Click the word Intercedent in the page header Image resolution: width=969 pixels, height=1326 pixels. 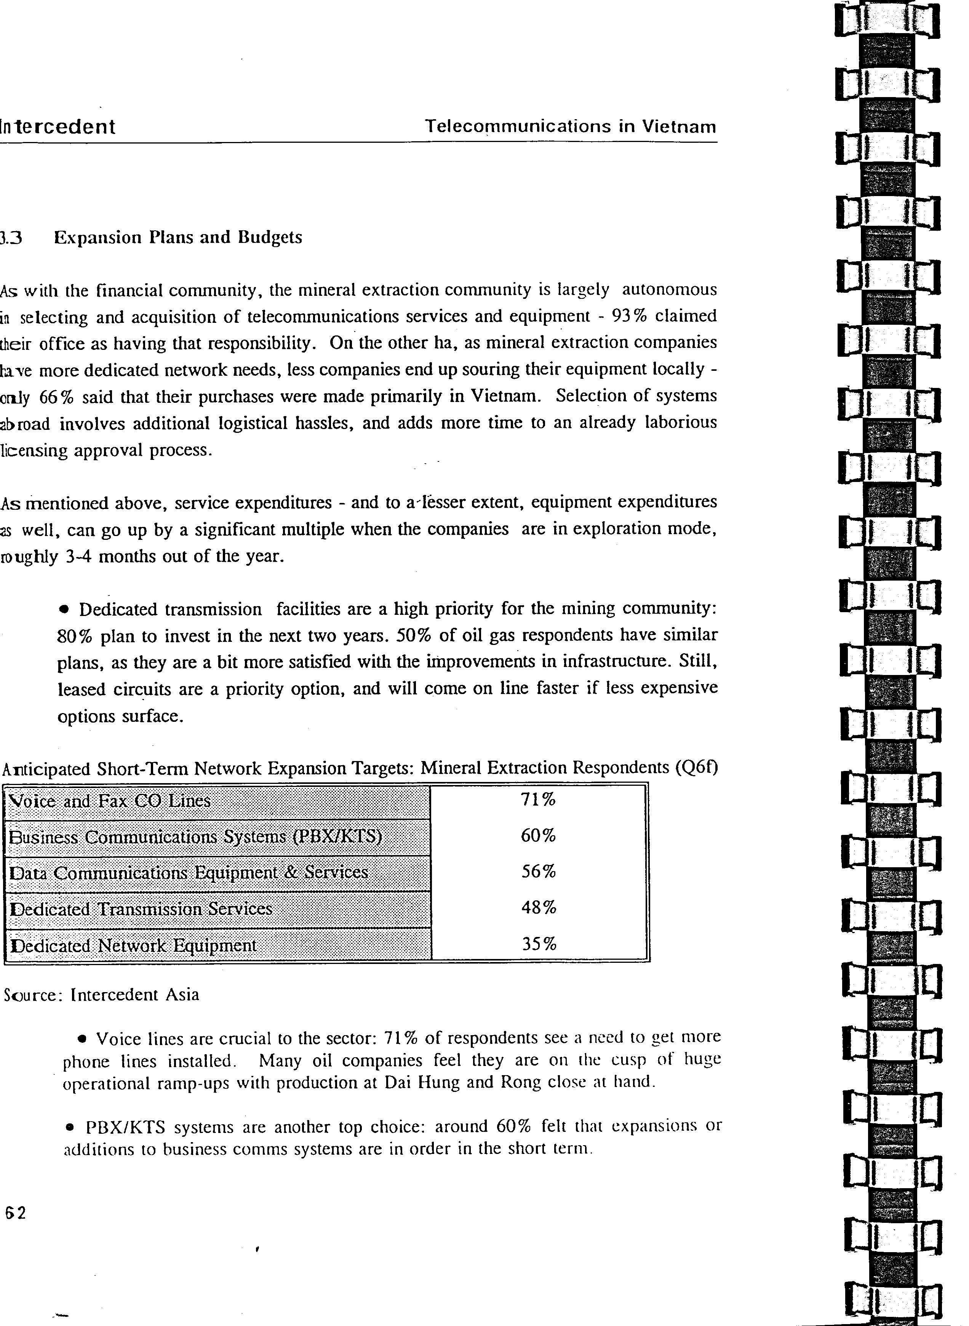(58, 127)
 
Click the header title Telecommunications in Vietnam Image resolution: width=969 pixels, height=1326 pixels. (570, 127)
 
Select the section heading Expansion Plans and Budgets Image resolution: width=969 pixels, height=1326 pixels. (178, 238)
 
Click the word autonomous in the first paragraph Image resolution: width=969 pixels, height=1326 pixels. (669, 290)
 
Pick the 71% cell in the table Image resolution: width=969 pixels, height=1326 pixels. (538, 799)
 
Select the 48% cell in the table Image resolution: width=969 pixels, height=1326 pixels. (538, 908)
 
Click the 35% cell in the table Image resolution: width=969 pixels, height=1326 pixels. (538, 945)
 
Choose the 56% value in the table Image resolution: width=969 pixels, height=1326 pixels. (538, 872)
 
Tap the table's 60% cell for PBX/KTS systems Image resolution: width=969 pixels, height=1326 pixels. (538, 836)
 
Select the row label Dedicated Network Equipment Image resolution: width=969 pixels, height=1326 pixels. (134, 946)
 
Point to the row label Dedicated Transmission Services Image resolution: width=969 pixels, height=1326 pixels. (141, 909)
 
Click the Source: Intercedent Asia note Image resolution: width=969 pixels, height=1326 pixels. (101, 995)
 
